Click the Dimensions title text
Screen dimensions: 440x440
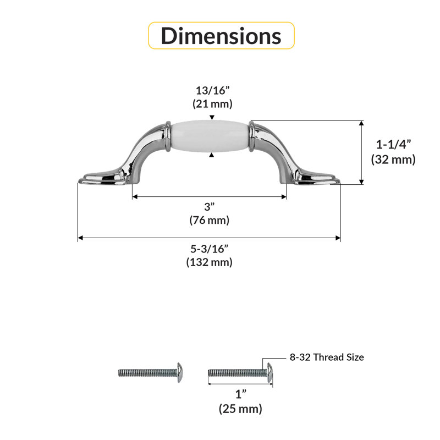tap(221, 36)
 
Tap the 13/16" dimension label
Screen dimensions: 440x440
tap(212, 90)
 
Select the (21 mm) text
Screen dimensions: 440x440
tap(212, 104)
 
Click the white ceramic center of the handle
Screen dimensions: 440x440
tap(210, 136)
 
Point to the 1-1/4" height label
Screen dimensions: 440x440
tap(393, 145)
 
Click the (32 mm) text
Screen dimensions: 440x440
tap(393, 159)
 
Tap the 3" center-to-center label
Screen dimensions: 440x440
tap(210, 207)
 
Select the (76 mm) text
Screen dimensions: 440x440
tap(210, 220)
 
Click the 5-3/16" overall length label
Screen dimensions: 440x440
tap(210, 249)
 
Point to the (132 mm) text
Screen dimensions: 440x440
tap(210, 262)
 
